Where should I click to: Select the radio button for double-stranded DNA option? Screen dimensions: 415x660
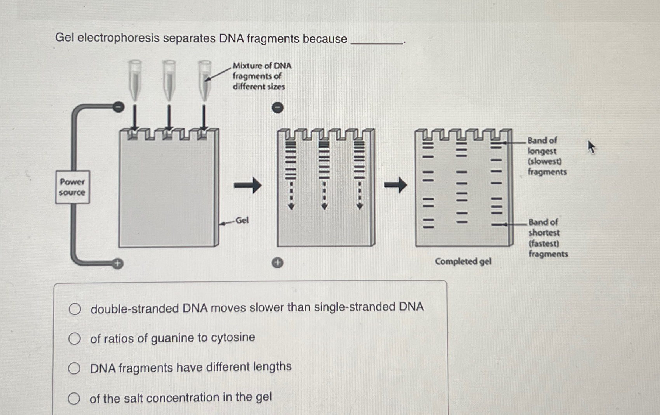pyautogui.click(x=75, y=309)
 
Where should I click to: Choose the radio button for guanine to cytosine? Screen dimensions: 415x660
pyautogui.click(x=74, y=339)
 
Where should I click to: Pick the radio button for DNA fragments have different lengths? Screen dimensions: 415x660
pyautogui.click(x=74, y=368)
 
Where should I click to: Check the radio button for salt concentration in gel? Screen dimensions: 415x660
pyautogui.click(x=73, y=398)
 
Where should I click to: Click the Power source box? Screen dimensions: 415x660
pyautogui.click(x=72, y=187)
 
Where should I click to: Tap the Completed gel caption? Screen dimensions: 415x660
pyautogui.click(x=463, y=261)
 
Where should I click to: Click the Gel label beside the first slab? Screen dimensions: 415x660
pyautogui.click(x=242, y=221)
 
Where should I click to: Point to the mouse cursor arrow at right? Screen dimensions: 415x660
pyautogui.click(x=591, y=147)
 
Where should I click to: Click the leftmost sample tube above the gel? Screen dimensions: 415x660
pyautogui.click(x=135, y=80)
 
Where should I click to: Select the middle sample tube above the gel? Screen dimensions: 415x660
pyautogui.click(x=169, y=80)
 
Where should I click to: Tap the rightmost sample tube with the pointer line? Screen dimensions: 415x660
pyautogui.click(x=204, y=80)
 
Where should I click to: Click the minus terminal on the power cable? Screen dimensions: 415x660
pyautogui.click(x=118, y=106)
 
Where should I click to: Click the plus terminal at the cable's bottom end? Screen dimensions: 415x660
pyautogui.click(x=117, y=264)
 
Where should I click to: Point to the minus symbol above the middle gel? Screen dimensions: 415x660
pyautogui.click(x=277, y=108)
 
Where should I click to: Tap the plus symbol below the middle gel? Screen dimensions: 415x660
pyautogui.click(x=277, y=263)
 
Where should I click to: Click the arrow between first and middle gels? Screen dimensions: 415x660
pyautogui.click(x=247, y=185)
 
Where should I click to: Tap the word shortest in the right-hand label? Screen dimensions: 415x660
pyautogui.click(x=544, y=233)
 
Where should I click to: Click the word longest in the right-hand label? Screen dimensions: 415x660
pyautogui.click(x=542, y=151)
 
